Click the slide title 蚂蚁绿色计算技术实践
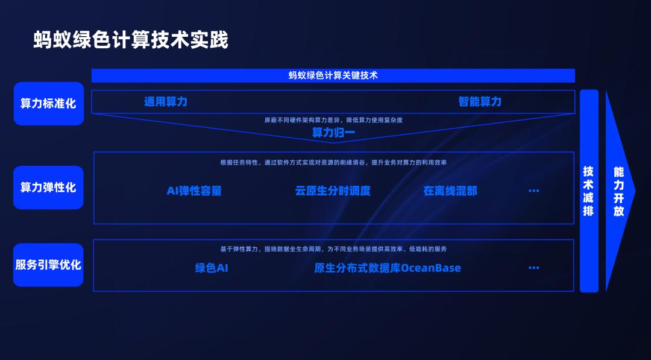click(x=130, y=40)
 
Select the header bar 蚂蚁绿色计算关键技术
click(x=333, y=75)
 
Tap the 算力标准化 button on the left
click(x=48, y=104)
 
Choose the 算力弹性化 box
click(x=48, y=188)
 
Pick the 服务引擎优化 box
click(x=48, y=265)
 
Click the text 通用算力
click(x=166, y=101)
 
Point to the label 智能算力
click(x=480, y=101)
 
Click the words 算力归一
click(x=333, y=133)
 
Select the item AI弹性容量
click(x=194, y=191)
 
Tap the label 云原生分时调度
click(x=333, y=191)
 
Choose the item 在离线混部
click(x=450, y=191)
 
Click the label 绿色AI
click(x=212, y=268)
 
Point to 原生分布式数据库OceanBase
click(x=388, y=268)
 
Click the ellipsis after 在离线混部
click(x=533, y=191)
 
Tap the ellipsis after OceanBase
click(x=533, y=268)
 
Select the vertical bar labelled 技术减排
click(x=589, y=191)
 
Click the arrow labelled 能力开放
click(x=618, y=191)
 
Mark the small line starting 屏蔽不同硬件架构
click(x=333, y=120)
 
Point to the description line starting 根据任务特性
click(x=333, y=162)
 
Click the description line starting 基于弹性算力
click(x=333, y=248)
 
